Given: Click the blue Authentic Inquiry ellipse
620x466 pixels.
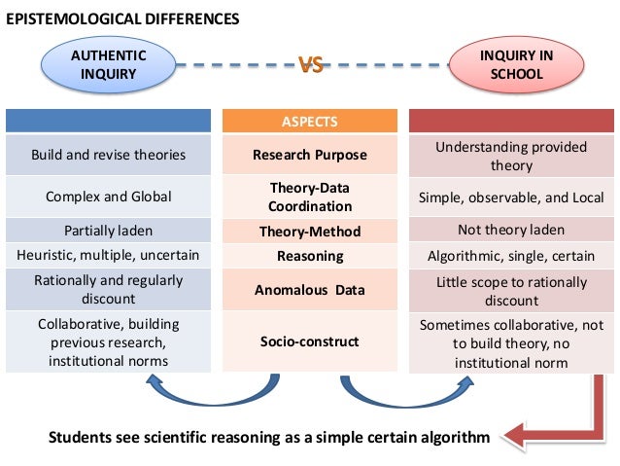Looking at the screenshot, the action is point(108,64).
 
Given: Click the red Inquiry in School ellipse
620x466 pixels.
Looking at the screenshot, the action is point(516,64).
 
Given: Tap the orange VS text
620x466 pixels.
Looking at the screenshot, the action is point(311,64).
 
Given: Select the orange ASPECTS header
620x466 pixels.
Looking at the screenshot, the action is point(310,121).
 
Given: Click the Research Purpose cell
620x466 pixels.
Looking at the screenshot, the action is point(310,155).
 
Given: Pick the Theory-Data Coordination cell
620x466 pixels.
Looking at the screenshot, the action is point(310,197).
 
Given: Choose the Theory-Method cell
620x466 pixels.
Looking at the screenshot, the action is point(310,231).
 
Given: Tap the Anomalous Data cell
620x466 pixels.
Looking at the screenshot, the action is point(310,290).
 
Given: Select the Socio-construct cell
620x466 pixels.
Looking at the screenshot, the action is point(310,341).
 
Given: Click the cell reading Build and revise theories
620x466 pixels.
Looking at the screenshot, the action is point(108,155).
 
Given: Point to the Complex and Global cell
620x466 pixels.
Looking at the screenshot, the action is point(108,197).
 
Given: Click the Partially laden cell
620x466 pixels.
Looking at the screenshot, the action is point(108,231).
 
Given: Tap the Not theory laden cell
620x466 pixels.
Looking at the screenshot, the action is point(511,230).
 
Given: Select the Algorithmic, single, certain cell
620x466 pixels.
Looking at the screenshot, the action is point(511,256).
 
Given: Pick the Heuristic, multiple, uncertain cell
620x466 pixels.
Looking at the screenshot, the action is point(108,255).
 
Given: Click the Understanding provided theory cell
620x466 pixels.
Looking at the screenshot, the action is point(511,156).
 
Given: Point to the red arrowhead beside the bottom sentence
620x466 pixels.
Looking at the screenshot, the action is point(513,437).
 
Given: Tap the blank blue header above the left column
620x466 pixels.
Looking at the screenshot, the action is point(108,121).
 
